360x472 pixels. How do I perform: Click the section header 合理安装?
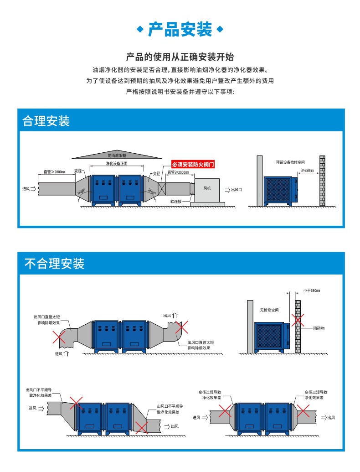coord(46,121)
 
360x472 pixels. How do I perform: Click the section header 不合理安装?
coord(54,264)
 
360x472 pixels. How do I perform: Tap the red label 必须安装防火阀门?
coord(192,164)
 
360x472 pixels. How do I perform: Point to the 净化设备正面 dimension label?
coord(117,163)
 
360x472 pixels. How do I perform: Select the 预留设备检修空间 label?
coord(290,162)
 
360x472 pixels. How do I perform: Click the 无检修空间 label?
coord(269,310)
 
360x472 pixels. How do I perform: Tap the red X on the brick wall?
coord(298,319)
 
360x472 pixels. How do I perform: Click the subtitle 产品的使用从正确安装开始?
coord(180,57)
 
